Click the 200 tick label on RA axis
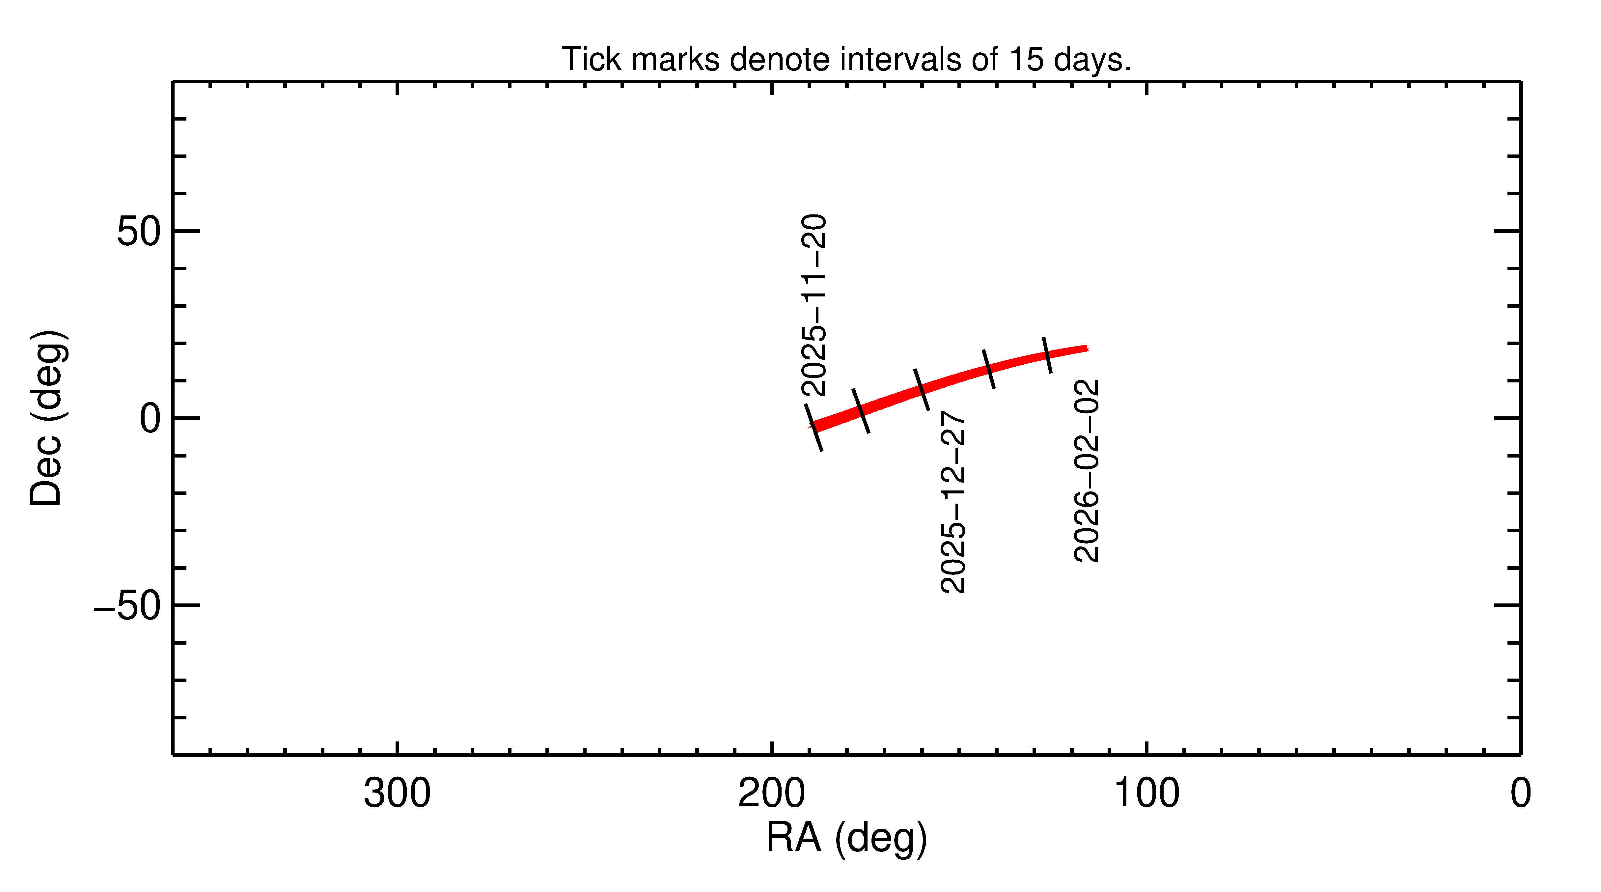tap(771, 794)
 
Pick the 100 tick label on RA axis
tap(1146, 794)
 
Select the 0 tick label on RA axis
tap(1520, 794)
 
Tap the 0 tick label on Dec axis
tap(150, 419)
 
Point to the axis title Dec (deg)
tap(47, 418)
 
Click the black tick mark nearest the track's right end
tap(1047, 355)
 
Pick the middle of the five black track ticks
tap(922, 389)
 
